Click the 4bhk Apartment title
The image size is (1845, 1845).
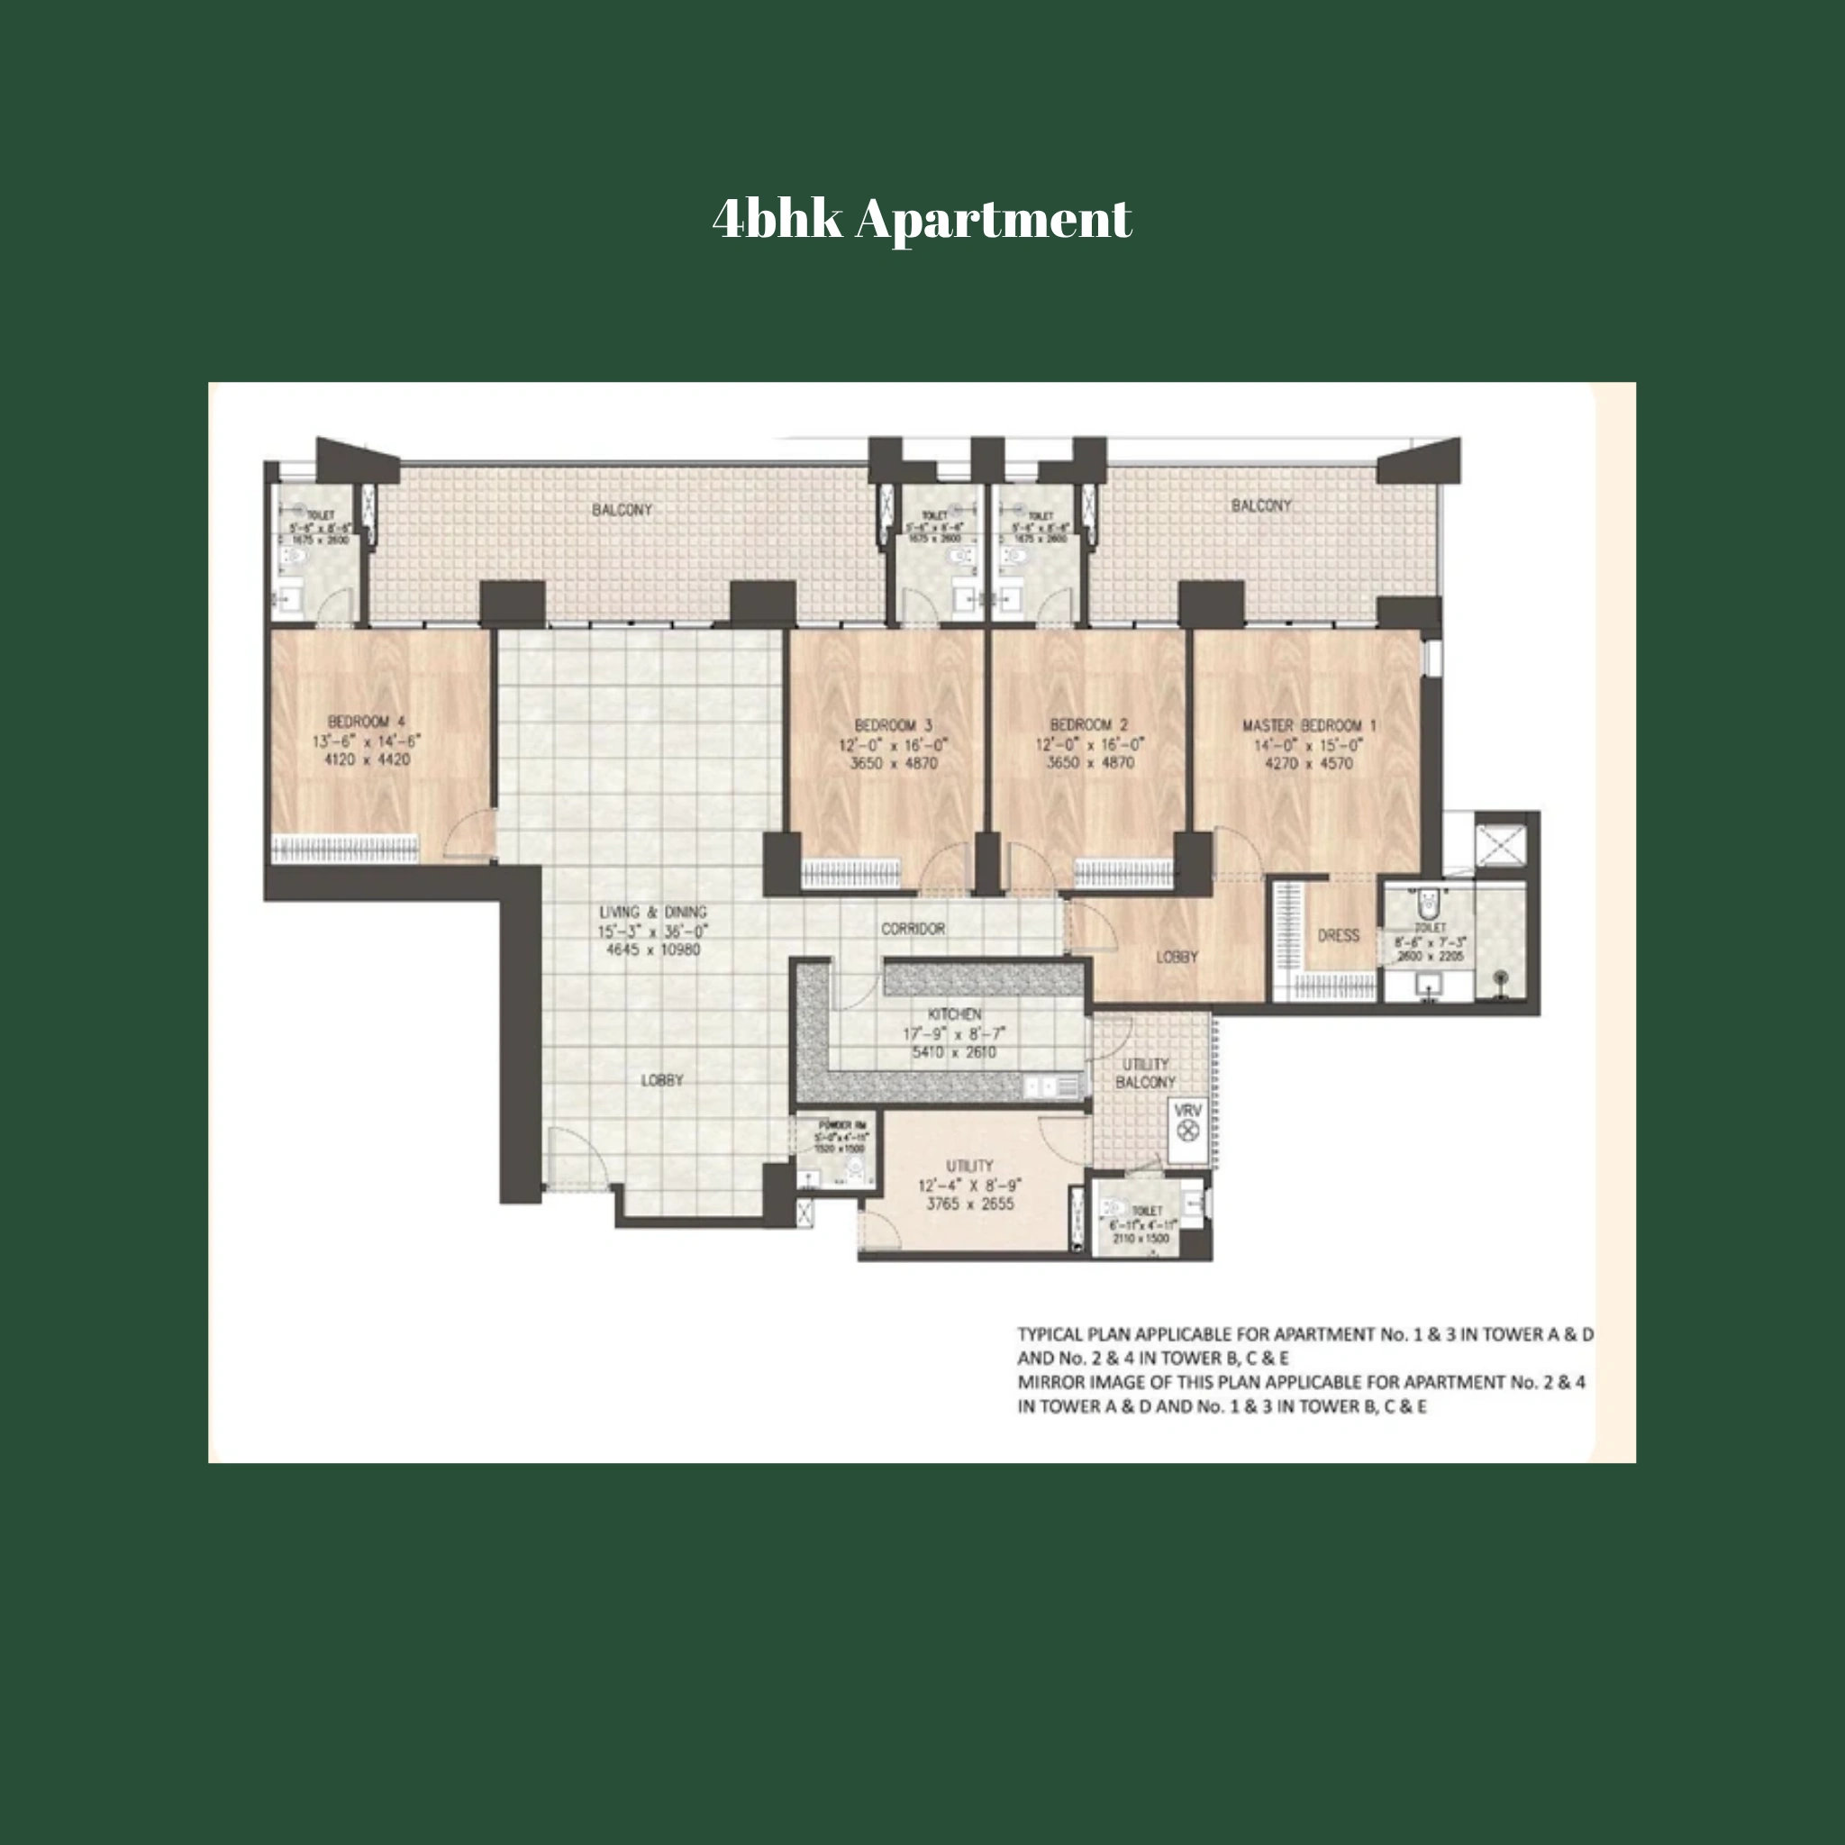[x=922, y=219]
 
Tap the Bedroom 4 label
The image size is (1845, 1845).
[x=367, y=721]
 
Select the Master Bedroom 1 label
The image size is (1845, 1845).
[x=1308, y=726]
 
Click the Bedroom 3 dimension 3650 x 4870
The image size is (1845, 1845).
[x=894, y=763]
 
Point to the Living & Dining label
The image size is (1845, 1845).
[x=653, y=912]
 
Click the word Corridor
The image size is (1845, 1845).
[x=913, y=928]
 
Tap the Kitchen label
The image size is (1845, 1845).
[x=954, y=1014]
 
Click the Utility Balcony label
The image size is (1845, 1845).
[x=1145, y=1073]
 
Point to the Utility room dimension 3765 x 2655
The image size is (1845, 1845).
[x=969, y=1204]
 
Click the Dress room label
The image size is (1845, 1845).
[x=1338, y=935]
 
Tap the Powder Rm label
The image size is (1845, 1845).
[x=841, y=1125]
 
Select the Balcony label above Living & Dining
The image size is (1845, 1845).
[x=622, y=510]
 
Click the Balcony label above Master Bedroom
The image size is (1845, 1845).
[x=1260, y=505]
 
